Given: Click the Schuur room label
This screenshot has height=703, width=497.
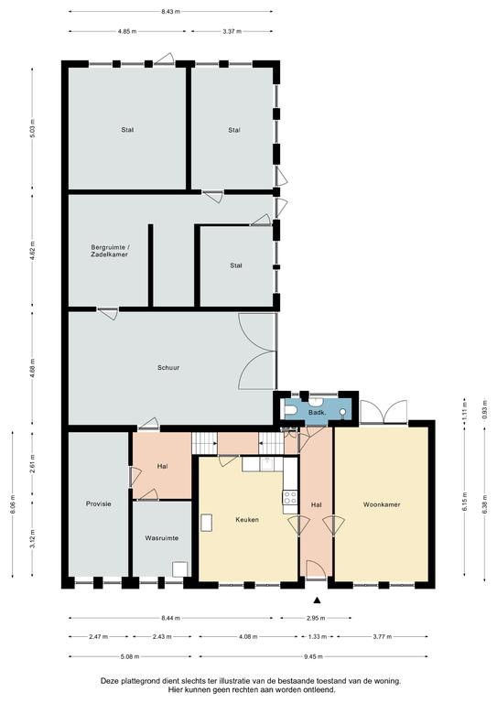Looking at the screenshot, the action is [168, 368].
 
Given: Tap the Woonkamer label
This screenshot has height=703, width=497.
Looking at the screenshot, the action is [382, 504].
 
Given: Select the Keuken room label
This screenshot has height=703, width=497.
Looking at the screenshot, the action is [247, 520].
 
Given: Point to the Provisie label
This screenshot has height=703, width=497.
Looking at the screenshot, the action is [99, 504].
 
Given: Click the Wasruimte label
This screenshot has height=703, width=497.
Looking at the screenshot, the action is [162, 538].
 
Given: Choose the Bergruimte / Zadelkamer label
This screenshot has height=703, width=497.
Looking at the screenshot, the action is [109, 251].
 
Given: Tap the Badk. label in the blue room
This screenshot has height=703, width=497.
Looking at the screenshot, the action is [317, 412].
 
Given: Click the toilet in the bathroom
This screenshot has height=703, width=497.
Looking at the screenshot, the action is [289, 411].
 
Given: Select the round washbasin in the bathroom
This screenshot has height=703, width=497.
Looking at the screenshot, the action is [343, 412].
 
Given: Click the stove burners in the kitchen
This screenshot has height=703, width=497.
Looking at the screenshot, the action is [290, 497].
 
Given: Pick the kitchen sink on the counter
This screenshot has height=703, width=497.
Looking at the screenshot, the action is [268, 464].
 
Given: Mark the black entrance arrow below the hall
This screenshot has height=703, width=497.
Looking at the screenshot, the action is [318, 600].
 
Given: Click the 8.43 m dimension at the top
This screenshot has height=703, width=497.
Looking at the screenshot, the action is [171, 12].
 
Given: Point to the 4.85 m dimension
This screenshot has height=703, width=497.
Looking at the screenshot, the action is [127, 31].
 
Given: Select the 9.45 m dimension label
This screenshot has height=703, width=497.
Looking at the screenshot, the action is [313, 656].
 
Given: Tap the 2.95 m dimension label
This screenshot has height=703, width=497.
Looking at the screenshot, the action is [316, 618].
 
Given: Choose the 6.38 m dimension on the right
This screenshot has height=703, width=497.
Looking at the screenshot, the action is [484, 503].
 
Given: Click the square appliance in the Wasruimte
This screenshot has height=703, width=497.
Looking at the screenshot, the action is [179, 569].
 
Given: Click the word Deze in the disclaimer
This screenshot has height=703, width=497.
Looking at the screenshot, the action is [108, 681].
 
